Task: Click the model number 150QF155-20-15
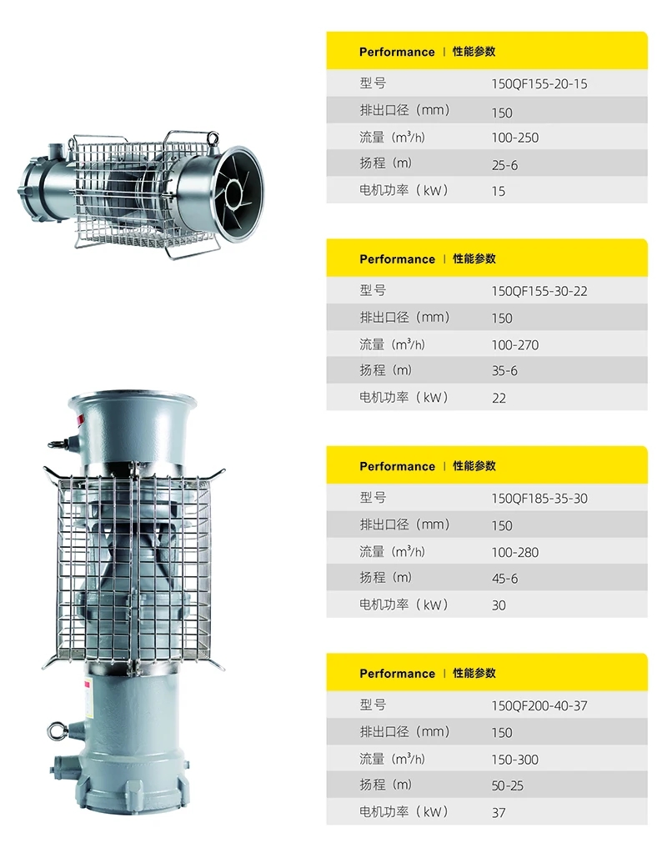pos(539,84)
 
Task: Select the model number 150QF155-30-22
pos(539,291)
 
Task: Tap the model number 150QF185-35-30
pos(539,499)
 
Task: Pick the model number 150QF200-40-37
pos(539,705)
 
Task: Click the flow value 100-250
pos(515,138)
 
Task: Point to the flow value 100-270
pos(515,345)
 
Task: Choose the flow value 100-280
pos(515,552)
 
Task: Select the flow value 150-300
pos(515,759)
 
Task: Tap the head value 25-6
pos(504,165)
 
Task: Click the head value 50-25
pos(508,785)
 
